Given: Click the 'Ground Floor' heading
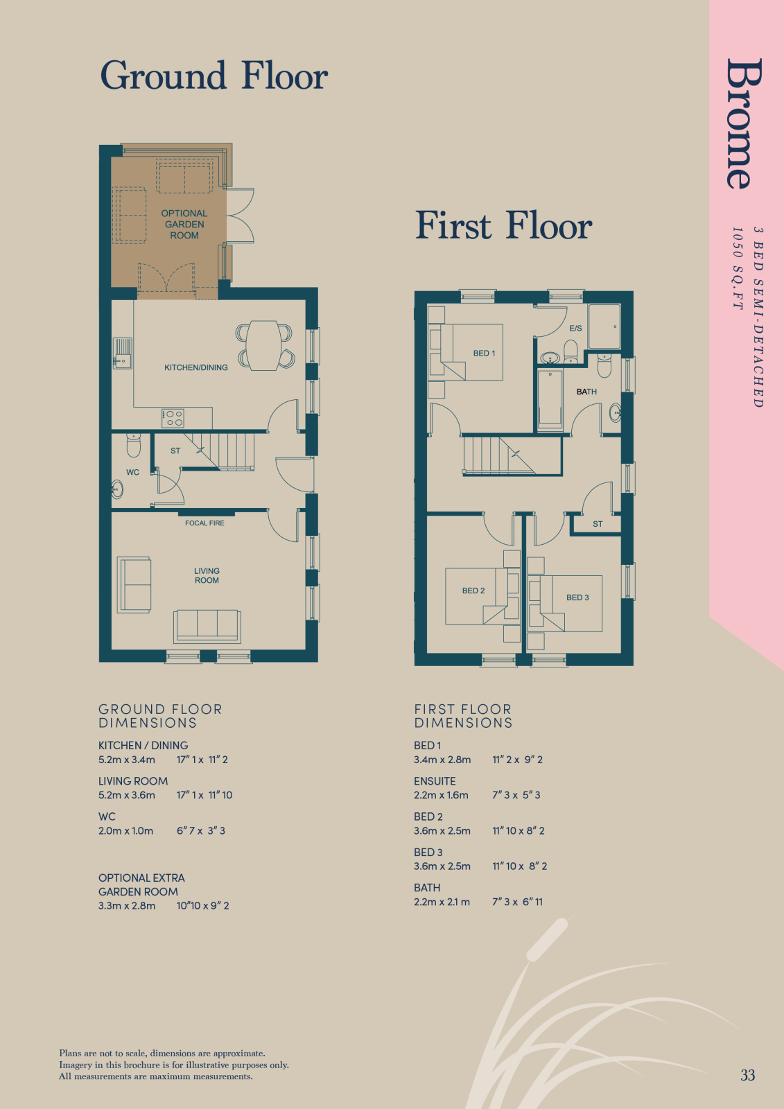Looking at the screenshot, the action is coord(214,76).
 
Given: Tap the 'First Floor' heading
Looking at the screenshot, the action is coord(503,225).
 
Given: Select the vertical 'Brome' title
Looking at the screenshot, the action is coord(744,123).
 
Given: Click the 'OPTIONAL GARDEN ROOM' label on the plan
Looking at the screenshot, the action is coord(184,225).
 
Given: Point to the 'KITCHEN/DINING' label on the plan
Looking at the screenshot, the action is coord(196,367).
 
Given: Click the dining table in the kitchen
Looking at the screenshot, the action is coord(264,346).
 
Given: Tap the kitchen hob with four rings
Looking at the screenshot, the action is coord(173,418).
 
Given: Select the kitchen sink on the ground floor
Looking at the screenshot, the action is coord(122,353).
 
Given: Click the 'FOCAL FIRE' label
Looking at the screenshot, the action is coord(204,523).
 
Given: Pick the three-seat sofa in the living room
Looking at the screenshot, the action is coord(207,627).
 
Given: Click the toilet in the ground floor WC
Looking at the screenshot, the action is coord(134,445).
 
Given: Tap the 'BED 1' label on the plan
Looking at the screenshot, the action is coord(484,353).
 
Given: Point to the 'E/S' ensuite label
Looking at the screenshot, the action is coord(575,329).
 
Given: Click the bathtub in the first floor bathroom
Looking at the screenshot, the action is coord(550,399).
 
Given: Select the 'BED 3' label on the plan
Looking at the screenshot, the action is coord(577,597).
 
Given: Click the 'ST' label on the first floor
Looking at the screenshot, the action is coord(598,524).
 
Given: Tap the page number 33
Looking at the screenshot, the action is coord(748,1075).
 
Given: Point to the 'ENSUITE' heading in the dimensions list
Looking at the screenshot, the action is coord(435,781).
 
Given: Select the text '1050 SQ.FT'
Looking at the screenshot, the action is coord(738,269).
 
